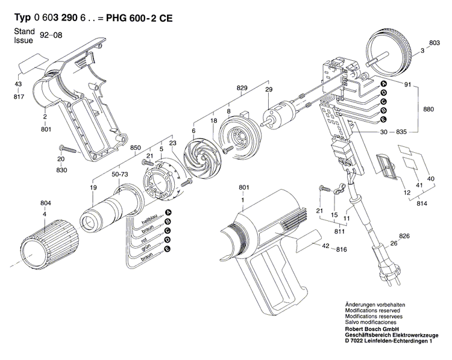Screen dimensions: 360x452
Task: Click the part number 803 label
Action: (x=435, y=43)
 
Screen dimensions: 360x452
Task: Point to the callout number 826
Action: (x=404, y=235)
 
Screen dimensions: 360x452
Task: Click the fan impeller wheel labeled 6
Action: (x=204, y=158)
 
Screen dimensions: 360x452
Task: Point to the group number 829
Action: (x=242, y=88)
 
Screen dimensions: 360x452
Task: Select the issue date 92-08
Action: (x=52, y=36)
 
